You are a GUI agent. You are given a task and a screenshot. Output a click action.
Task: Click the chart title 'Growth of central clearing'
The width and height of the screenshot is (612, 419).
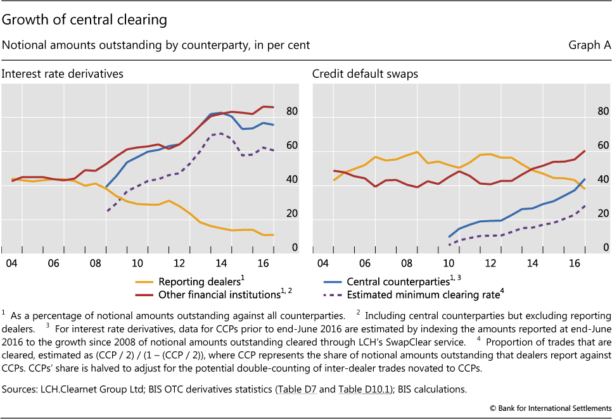(x=84, y=20)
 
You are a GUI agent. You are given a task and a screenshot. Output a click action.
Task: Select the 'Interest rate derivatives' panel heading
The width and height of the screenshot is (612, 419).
(x=62, y=74)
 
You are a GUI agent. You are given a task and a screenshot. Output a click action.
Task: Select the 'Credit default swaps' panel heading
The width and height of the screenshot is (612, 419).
(x=365, y=74)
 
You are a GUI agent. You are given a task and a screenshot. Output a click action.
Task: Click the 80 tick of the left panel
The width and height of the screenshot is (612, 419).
(x=291, y=112)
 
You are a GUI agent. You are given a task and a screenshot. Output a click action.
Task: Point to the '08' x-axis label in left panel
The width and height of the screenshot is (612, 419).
(x=94, y=263)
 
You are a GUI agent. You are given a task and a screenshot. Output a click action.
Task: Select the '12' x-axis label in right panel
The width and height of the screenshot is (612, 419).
(x=490, y=263)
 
